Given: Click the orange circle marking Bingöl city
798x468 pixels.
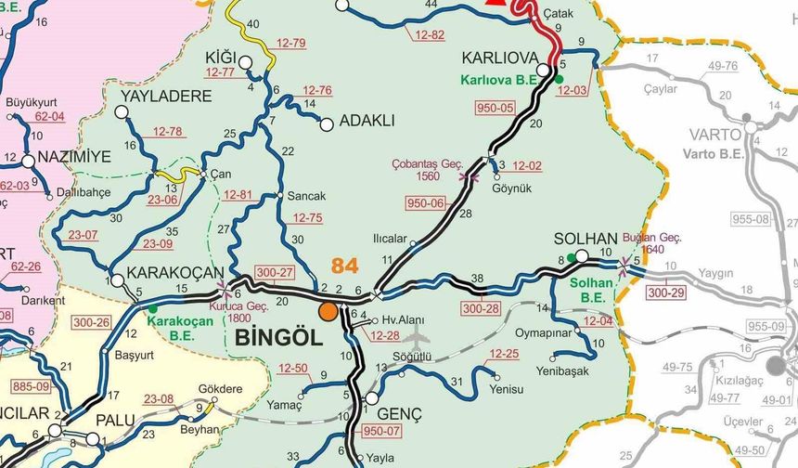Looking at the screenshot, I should click(x=328, y=311).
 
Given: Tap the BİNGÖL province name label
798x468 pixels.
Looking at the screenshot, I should click(x=279, y=337).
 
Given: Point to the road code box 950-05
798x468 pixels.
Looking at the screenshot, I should click(x=495, y=108).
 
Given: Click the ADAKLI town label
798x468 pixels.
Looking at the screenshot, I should click(x=367, y=121).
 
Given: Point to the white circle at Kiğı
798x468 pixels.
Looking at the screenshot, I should click(x=245, y=62).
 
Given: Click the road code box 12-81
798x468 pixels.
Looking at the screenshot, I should click(x=238, y=195).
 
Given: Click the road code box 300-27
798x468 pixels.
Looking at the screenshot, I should click(x=275, y=272).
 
